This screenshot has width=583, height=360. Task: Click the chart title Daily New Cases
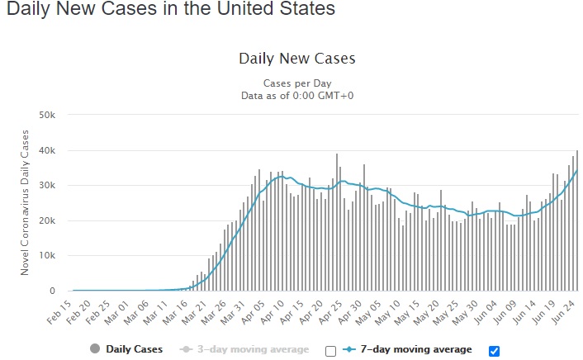tap(296, 59)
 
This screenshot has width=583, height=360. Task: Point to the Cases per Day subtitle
tap(296, 84)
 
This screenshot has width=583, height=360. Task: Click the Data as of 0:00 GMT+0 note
tap(296, 96)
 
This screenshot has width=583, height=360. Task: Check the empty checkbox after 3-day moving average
tap(331, 351)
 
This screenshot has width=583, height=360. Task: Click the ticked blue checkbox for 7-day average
tap(494, 351)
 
